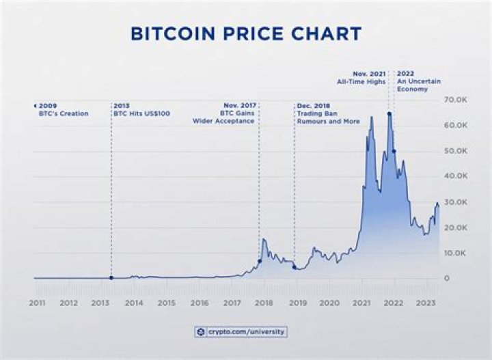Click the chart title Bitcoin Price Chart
246,33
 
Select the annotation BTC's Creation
64,113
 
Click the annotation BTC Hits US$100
142,113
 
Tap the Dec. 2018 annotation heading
313,106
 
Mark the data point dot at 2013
111,278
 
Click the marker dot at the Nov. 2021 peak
389,114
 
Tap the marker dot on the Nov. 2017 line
259,261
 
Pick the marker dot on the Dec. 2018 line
295,267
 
